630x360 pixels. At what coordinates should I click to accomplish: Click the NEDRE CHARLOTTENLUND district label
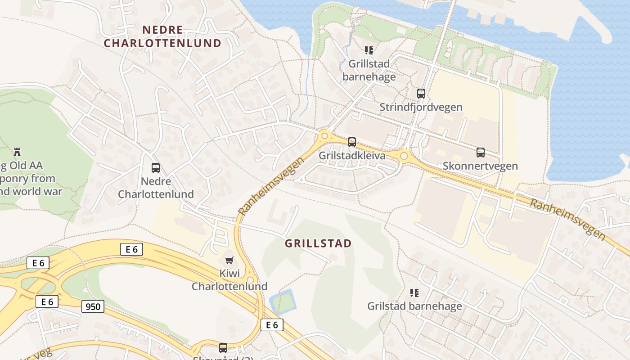[x=163, y=36]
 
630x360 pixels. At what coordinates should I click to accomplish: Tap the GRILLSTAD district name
[x=318, y=243]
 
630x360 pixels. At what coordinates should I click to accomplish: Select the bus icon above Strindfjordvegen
[x=421, y=94]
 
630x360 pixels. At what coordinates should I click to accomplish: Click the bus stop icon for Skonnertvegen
[x=481, y=153]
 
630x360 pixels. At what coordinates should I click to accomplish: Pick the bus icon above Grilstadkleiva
[x=352, y=142]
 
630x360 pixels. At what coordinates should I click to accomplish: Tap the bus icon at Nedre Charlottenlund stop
[x=156, y=168]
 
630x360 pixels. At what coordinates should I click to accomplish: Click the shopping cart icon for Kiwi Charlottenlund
[x=229, y=260]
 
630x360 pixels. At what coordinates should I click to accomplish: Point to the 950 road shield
[x=93, y=307]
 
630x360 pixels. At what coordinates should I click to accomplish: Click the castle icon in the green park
[x=18, y=152]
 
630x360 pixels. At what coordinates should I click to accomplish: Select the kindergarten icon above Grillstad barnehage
[x=369, y=50]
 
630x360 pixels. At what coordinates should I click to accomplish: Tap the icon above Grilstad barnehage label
[x=414, y=293]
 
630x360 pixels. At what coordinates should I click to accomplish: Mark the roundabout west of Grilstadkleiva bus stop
[x=324, y=135]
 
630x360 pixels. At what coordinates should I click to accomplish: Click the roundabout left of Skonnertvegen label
[x=404, y=156]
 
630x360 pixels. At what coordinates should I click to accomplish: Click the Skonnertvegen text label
[x=480, y=166]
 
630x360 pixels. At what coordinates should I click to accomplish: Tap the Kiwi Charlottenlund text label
[x=229, y=280]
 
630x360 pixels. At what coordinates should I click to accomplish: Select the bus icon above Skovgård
[x=223, y=347]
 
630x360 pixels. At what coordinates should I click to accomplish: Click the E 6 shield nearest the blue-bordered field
[x=272, y=324]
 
